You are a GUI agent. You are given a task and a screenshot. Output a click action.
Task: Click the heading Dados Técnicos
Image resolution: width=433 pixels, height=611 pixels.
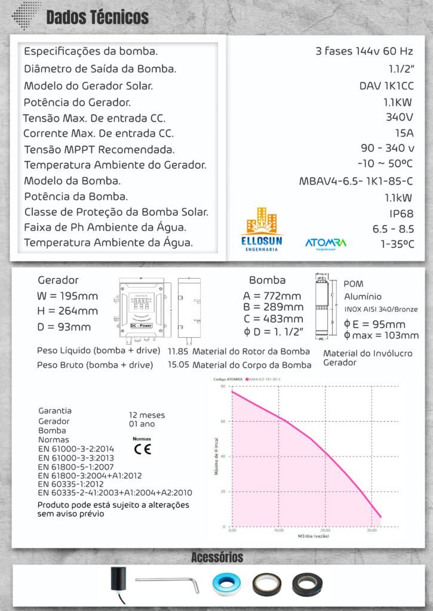[x=97, y=17]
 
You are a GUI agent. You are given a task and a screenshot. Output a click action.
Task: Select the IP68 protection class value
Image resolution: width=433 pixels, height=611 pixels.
[x=402, y=213]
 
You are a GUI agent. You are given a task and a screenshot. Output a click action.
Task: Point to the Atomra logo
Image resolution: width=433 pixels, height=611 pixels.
[x=325, y=243]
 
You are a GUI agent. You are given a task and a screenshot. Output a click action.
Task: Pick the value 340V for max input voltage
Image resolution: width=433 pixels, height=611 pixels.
[x=400, y=117]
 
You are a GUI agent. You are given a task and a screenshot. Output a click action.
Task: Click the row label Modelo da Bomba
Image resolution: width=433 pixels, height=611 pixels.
[x=72, y=181]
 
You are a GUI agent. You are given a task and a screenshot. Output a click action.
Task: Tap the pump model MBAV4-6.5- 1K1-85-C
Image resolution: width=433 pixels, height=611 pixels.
[x=356, y=181]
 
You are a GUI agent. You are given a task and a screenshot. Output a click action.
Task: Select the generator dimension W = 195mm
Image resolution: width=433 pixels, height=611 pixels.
[x=67, y=296]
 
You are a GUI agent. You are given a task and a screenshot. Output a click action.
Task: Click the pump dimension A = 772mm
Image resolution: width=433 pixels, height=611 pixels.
[x=272, y=296]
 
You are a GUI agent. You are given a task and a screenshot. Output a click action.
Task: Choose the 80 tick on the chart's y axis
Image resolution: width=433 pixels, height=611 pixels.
[x=222, y=387]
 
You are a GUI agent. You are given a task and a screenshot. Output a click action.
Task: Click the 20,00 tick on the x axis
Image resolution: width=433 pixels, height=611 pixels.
[x=325, y=530]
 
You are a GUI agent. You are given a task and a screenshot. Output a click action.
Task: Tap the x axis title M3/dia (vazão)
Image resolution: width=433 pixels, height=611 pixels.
[x=314, y=536]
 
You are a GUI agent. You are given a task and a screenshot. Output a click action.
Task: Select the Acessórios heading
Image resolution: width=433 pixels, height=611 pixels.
[x=217, y=557]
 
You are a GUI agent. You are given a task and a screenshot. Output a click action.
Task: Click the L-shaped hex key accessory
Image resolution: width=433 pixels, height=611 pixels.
[x=165, y=582]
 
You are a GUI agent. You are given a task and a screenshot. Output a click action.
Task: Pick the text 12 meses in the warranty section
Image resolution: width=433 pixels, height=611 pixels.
[x=147, y=415]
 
